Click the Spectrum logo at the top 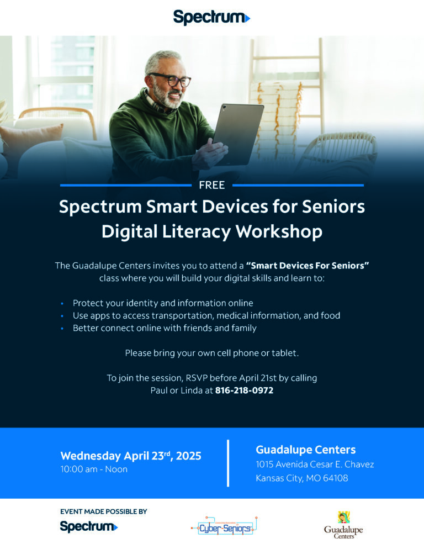coord(211,17)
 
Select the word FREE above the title coord(212,185)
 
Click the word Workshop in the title coord(279,231)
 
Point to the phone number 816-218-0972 coord(244,390)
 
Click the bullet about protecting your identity coord(162,303)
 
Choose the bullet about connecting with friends coord(165,328)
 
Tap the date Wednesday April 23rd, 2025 coord(130,456)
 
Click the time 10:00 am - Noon coord(94,469)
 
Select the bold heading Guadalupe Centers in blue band coord(305,450)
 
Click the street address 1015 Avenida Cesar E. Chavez coord(315,464)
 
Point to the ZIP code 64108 coord(336,478)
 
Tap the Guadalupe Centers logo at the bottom coord(343,526)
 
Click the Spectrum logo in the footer coord(88,526)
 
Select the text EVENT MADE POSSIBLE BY coord(103,511)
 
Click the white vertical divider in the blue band coord(228,463)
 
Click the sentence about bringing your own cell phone coord(211,352)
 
